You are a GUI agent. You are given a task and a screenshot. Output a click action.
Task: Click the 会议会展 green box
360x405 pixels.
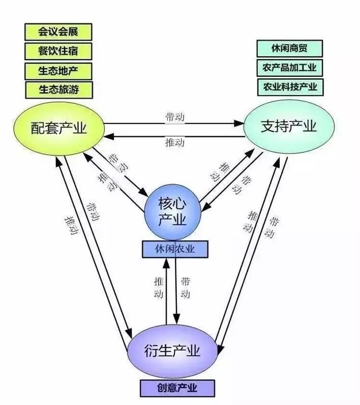point(58,32)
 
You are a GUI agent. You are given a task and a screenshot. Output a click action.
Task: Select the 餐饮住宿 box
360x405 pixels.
point(58,51)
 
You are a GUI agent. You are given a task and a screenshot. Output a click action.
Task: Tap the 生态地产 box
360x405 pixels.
point(58,70)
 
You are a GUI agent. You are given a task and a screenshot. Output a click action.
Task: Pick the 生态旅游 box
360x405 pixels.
point(58,88)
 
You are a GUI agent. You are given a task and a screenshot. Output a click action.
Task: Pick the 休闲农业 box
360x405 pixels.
point(175,249)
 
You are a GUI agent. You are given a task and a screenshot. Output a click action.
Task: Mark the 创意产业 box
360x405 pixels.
point(177,389)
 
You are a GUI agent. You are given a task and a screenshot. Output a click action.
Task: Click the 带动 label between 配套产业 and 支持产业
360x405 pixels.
point(174,116)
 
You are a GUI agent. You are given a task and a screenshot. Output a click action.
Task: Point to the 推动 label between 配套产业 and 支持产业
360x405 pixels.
point(174,143)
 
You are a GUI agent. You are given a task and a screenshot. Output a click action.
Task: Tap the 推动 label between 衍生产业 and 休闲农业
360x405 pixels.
point(159,287)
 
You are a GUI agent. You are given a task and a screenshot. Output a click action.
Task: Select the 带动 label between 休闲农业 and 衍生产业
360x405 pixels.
point(186,287)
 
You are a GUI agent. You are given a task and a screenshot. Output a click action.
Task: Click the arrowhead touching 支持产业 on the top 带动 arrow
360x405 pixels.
point(241,123)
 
